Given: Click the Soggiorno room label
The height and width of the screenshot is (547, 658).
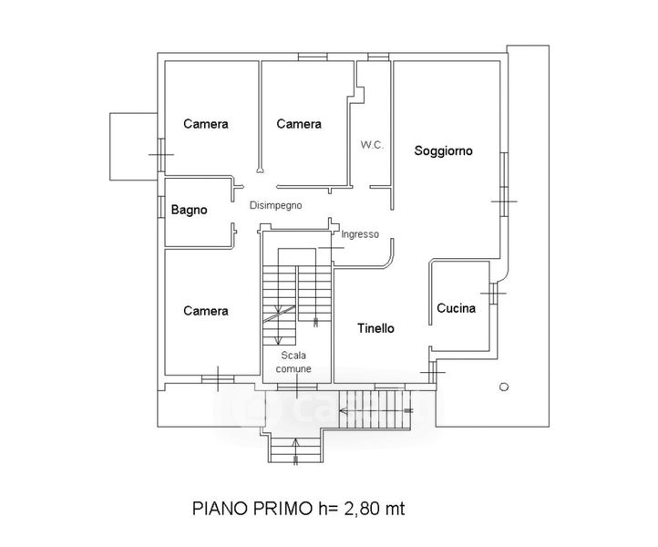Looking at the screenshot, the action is tap(443, 150).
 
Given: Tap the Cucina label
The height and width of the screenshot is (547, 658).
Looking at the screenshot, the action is tap(457, 308).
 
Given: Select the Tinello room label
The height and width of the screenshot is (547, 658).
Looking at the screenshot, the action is tap(376, 328).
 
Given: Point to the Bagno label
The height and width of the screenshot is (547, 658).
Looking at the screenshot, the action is tap(190, 210).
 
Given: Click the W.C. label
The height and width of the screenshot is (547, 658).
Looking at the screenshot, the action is tap(372, 145).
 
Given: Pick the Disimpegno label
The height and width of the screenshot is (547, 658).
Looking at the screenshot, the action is tap(276, 205).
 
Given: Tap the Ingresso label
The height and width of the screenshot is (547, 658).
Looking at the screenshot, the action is tap(360, 234).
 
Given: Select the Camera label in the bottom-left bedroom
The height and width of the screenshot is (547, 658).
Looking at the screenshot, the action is tap(206, 311).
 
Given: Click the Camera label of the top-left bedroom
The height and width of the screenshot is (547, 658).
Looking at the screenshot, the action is tap(206, 124).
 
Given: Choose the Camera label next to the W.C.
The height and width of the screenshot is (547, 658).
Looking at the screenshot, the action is tap(299, 124).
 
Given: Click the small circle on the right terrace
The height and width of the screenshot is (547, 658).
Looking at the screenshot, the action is tap(504, 387).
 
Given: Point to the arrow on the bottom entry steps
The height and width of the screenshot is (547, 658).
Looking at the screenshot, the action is tap(296, 451).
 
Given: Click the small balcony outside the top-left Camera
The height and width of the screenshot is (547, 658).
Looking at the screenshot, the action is tap(133, 147).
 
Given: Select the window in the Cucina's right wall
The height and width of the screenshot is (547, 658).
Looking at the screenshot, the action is tap(494, 293).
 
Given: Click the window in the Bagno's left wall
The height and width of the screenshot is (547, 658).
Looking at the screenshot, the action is tap(161, 207).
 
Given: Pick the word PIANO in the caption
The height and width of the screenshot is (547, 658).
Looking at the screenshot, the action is tap(220, 509).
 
